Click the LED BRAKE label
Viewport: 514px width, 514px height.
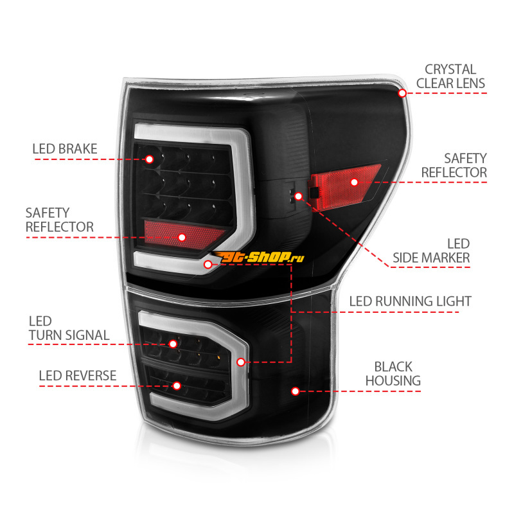[x=65, y=149]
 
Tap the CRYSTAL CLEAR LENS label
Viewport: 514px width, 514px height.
[x=450, y=76]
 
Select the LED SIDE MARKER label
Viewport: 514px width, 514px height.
[x=431, y=251]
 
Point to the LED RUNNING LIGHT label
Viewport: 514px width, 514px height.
[x=410, y=301]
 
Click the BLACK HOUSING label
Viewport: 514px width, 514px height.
[x=393, y=374]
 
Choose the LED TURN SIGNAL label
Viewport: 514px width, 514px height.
[x=69, y=328]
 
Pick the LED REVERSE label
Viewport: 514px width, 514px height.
[x=77, y=376]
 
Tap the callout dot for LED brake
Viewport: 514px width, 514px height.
[x=149, y=159]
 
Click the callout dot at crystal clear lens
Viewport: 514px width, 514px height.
[x=402, y=93]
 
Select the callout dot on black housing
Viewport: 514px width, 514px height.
[x=295, y=391]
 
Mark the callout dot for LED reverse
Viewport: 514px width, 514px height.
[x=177, y=386]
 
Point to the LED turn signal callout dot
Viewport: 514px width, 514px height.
[x=173, y=344]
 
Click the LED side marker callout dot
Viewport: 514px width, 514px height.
[x=298, y=197]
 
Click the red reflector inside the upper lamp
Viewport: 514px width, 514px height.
[x=184, y=235]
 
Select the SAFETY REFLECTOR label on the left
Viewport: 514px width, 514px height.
[x=59, y=220]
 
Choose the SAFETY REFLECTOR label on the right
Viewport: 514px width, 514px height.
[x=454, y=166]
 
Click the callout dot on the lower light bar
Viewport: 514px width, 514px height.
[x=241, y=362]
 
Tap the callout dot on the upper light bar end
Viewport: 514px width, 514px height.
[x=208, y=264]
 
